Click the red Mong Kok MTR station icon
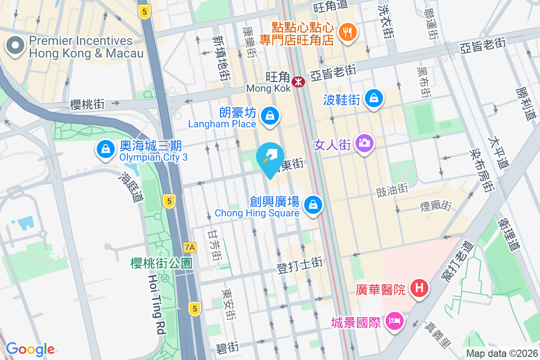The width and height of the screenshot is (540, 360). [x=297, y=82]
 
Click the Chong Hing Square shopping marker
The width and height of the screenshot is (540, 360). [x=311, y=205]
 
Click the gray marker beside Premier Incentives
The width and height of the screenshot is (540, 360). [x=15, y=45]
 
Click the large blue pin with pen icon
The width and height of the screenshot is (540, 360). [x=270, y=157]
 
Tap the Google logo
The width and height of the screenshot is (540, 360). [x=30, y=349]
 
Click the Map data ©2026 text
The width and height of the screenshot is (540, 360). [x=501, y=353]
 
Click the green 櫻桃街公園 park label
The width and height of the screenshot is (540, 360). [x=162, y=263]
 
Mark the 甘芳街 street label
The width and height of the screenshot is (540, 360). [x=214, y=245]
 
